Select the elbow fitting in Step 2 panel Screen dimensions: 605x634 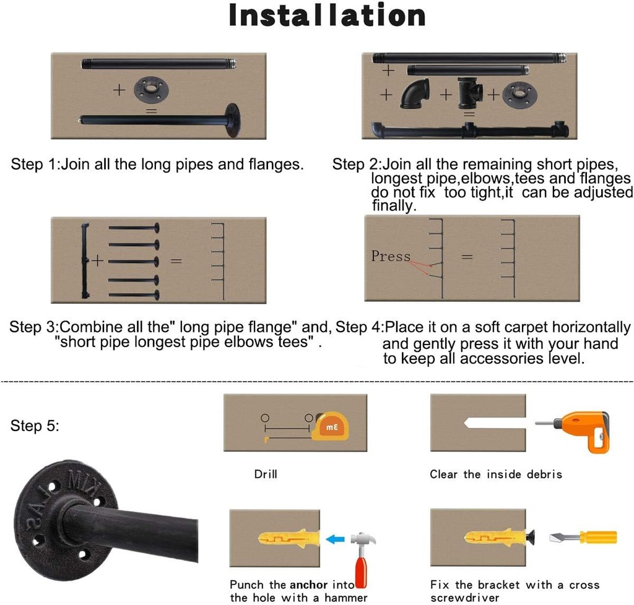[414, 93]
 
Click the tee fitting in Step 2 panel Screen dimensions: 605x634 [470, 93]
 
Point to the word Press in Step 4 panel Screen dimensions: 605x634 [391, 256]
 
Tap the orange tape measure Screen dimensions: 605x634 [329, 427]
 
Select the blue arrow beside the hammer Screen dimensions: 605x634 [335, 539]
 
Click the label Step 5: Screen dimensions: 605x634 [35, 426]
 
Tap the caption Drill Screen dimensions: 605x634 [266, 474]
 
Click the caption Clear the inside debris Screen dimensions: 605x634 [496, 474]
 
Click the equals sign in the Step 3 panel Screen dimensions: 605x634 [176, 260]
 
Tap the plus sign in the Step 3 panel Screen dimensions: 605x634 [98, 260]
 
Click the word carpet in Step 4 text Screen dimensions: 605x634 [525, 327]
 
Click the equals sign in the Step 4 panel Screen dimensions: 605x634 [468, 256]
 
